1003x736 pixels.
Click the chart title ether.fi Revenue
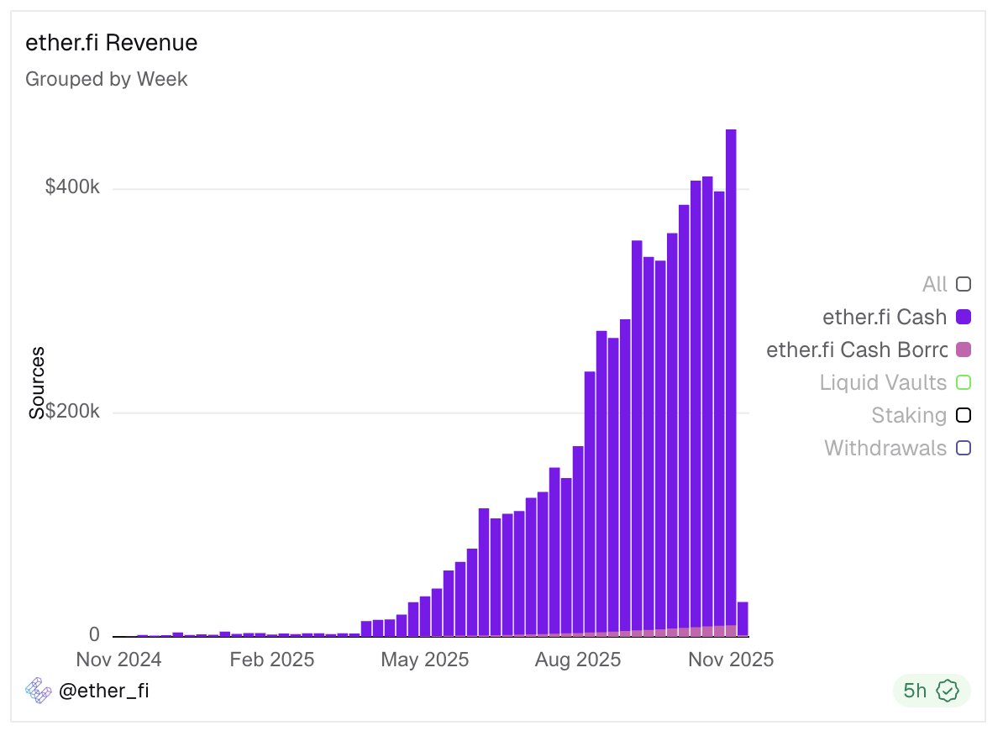pyautogui.click(x=112, y=43)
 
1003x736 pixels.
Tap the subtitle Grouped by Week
pyautogui.click(x=107, y=79)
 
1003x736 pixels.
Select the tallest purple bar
pyautogui.click(x=731, y=378)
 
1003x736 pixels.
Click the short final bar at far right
pyautogui.click(x=743, y=619)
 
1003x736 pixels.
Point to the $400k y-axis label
pyautogui.click(x=72, y=188)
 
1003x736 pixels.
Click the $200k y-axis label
pyautogui.click(x=72, y=413)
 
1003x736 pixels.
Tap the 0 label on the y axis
pyautogui.click(x=94, y=634)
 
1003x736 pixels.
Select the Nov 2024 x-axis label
pyautogui.click(x=118, y=659)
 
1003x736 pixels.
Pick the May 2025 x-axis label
pyautogui.click(x=424, y=659)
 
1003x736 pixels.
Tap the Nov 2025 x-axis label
pyautogui.click(x=729, y=659)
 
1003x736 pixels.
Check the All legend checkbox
pyautogui.click(x=964, y=284)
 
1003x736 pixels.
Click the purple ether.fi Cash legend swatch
pyautogui.click(x=964, y=317)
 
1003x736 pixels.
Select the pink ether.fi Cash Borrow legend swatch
pyautogui.click(x=964, y=350)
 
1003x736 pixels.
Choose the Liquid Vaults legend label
pyautogui.click(x=883, y=382)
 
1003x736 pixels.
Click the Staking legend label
pyautogui.click(x=908, y=415)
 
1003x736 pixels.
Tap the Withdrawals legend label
pyautogui.click(x=885, y=448)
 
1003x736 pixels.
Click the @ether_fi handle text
pyautogui.click(x=104, y=691)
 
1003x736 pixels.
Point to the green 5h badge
pyautogui.click(x=931, y=691)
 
